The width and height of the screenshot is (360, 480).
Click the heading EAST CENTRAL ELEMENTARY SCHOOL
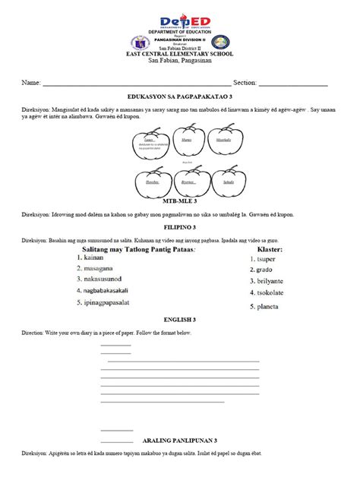[180, 54]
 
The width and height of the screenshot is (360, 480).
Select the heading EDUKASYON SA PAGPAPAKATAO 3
[180, 98]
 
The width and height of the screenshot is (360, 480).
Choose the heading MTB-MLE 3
[180, 202]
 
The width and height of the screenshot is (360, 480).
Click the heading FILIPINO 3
[180, 227]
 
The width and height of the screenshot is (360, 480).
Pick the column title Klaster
[270, 248]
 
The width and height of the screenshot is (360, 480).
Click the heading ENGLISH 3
[180, 321]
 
